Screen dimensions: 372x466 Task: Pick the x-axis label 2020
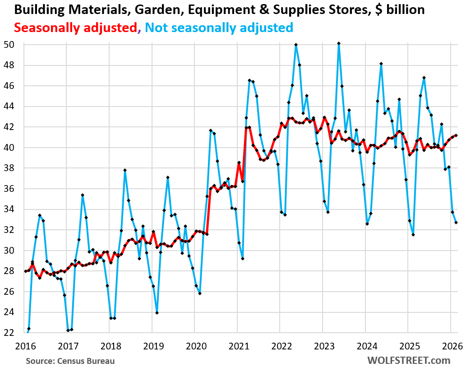click(x=194, y=346)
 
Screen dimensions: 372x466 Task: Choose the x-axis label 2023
click(x=322, y=346)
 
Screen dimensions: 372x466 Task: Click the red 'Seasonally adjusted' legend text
click(x=75, y=28)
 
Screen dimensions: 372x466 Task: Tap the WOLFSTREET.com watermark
click(x=409, y=360)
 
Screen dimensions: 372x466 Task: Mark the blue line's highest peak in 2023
click(x=339, y=43)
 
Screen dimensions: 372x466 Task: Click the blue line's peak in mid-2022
click(x=296, y=45)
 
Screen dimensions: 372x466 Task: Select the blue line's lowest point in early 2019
click(x=157, y=312)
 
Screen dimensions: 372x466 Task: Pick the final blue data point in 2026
click(x=456, y=223)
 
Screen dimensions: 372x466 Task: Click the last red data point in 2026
click(x=456, y=135)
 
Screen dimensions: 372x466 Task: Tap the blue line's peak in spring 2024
click(x=381, y=64)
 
